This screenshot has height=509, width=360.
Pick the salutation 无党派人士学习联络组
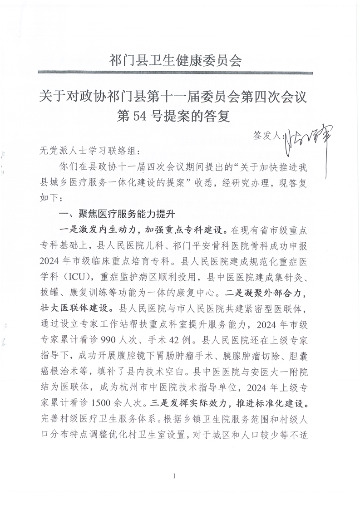point(87,150)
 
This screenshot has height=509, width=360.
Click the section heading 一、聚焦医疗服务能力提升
point(118,213)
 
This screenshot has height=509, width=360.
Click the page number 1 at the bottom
point(174,476)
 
